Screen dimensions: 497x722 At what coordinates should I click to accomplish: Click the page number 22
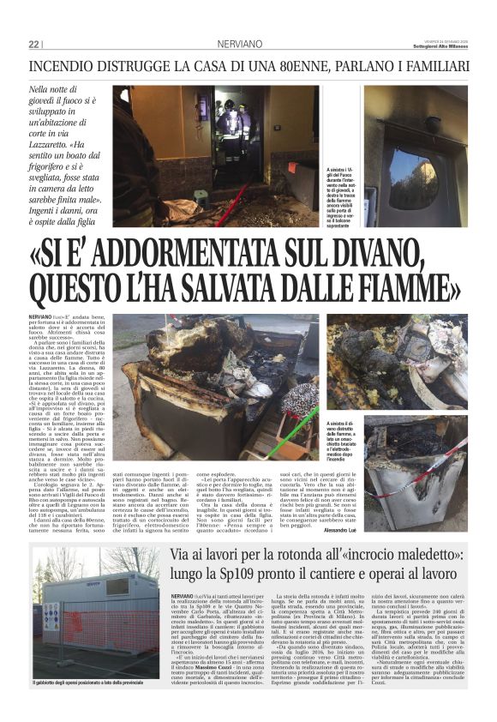tap(34, 44)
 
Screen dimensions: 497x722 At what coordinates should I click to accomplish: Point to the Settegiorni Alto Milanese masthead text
tap(439, 46)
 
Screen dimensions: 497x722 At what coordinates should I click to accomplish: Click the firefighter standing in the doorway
tap(231, 129)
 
